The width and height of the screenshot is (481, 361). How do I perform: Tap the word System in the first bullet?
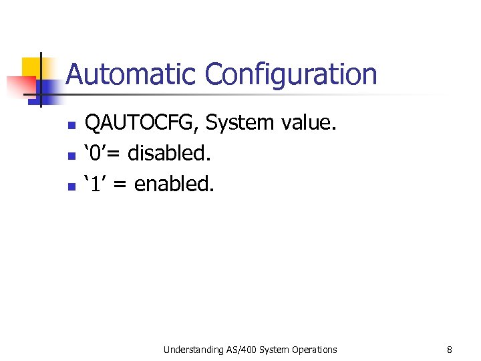coord(239,123)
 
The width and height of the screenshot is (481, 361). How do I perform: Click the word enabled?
coord(174,184)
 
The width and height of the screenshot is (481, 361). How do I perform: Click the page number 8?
coord(450,350)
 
